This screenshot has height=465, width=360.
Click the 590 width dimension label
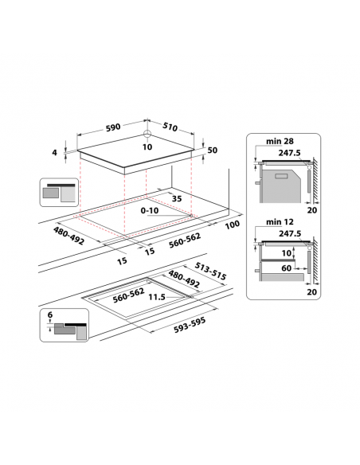113,127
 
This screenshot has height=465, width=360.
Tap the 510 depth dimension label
170,127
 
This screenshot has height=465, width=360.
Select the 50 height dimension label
213,150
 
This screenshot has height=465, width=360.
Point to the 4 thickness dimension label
54,152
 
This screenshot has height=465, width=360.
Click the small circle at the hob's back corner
147,134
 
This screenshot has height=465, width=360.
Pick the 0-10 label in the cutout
150,210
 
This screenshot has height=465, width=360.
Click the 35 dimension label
177,198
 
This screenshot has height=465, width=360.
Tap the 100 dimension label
233,225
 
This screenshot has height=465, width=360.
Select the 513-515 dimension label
210,271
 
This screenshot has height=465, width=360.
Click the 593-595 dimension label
190,325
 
